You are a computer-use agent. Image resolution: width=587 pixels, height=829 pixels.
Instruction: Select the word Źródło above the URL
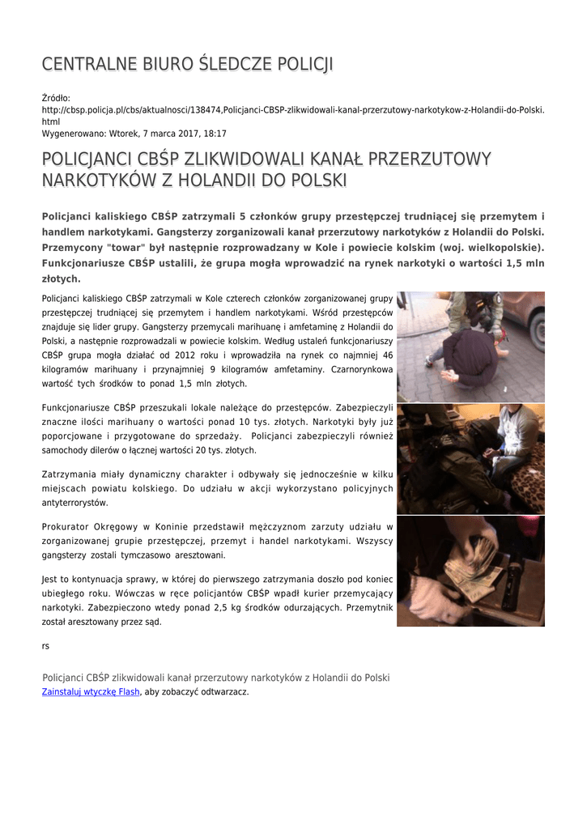click(x=56, y=98)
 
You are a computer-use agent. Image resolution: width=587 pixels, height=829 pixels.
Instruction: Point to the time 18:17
click(x=215, y=134)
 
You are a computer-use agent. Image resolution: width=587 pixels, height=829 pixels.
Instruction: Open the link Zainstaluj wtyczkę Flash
click(x=91, y=692)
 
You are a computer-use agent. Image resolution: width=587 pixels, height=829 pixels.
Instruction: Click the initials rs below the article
click(x=45, y=646)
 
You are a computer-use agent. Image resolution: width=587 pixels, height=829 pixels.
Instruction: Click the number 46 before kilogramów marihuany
click(x=387, y=355)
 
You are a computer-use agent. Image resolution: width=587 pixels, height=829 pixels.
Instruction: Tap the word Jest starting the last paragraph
click(x=50, y=579)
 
